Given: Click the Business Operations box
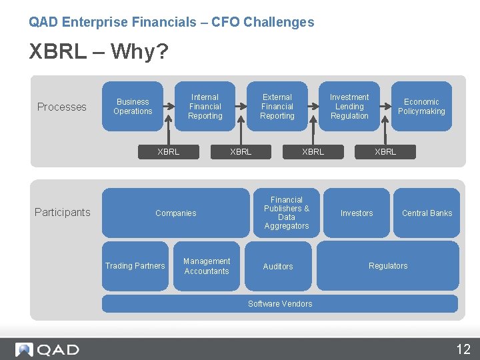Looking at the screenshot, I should (x=133, y=107).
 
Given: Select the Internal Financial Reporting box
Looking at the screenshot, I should (x=205, y=107).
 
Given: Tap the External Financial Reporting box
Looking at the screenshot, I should (x=277, y=107).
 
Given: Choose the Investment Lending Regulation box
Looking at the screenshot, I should (x=349, y=107).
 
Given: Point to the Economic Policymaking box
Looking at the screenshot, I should (x=421, y=107).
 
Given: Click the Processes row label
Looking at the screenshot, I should (x=62, y=107).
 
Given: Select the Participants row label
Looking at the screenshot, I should (x=62, y=212).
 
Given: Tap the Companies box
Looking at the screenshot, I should (x=175, y=213).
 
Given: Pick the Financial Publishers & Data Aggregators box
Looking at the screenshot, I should (x=287, y=213).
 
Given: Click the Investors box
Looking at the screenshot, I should (x=357, y=213).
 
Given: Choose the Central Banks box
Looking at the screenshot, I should (x=427, y=213).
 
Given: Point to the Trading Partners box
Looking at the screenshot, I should (x=135, y=266).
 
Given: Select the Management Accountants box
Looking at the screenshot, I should (x=207, y=266).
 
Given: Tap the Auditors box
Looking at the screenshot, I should (x=278, y=266).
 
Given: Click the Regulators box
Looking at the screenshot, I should (x=388, y=266).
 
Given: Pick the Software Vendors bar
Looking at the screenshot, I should (x=280, y=304).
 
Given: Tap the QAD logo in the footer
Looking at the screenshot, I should (x=47, y=349).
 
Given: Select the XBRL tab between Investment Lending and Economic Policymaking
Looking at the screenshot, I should (x=385, y=152).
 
